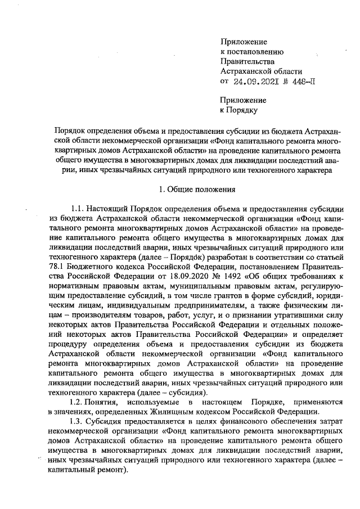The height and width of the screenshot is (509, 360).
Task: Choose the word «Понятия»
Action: tap(101, 402)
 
